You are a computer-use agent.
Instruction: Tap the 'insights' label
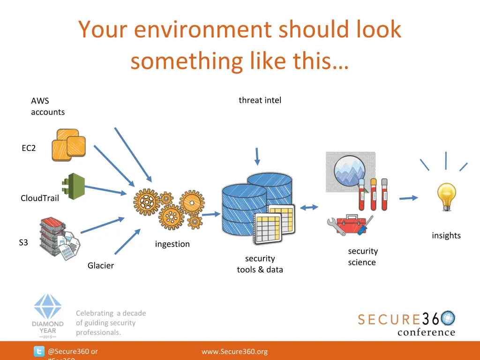(x=446, y=235)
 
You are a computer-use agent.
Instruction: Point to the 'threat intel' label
(x=260, y=100)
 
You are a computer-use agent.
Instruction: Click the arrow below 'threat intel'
(x=256, y=157)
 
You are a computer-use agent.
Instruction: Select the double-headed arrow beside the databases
(x=309, y=208)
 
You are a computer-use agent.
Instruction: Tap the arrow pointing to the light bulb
(x=408, y=198)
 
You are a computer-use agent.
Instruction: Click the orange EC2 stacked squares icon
(x=69, y=145)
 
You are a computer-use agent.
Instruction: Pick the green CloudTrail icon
(x=73, y=186)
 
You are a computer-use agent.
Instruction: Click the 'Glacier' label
(x=101, y=265)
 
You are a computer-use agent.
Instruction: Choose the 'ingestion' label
(x=172, y=244)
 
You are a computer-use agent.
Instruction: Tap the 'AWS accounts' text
(x=47, y=106)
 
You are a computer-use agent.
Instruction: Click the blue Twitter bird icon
(x=39, y=352)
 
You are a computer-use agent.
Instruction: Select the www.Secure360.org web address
(x=234, y=352)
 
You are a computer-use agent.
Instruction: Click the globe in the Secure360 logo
(x=448, y=318)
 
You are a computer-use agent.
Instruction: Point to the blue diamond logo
(x=47, y=307)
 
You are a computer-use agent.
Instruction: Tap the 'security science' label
(x=362, y=256)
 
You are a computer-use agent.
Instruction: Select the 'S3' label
(x=23, y=242)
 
